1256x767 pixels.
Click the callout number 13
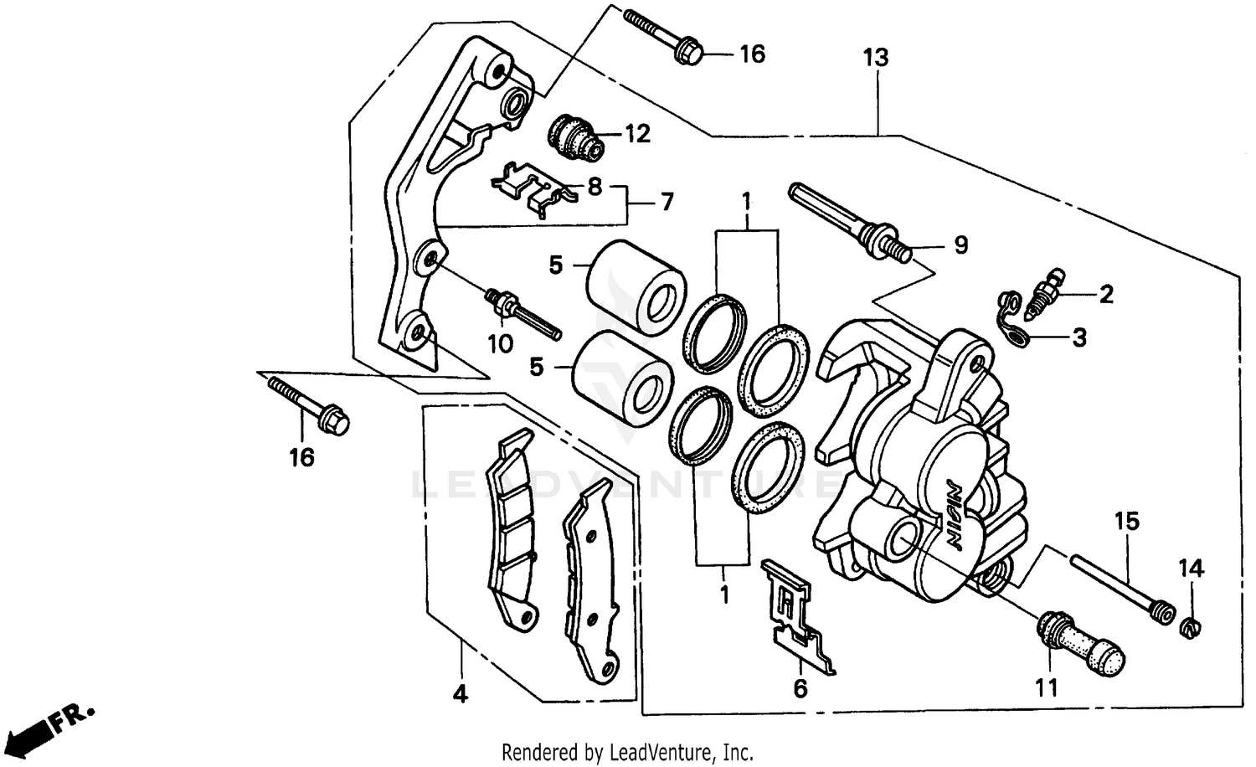[x=876, y=58]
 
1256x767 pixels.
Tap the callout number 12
[x=637, y=134]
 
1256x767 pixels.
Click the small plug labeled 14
[x=1190, y=625]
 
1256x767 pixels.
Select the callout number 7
[x=667, y=203]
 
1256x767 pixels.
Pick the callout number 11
[x=1046, y=688]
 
